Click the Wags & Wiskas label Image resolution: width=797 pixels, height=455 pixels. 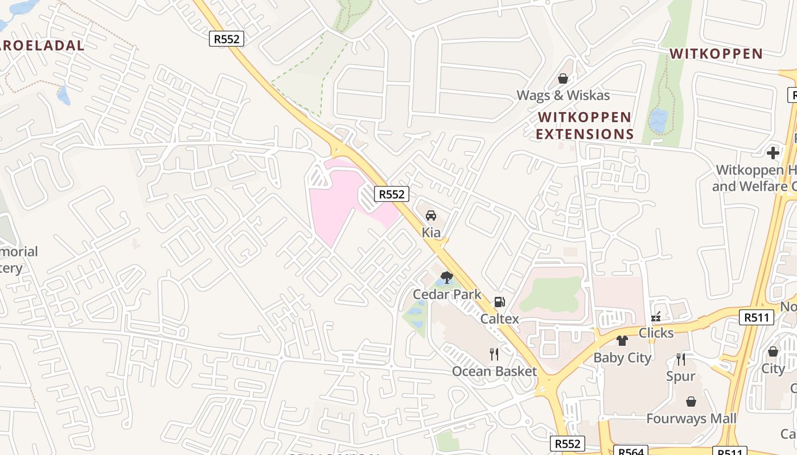(563, 95)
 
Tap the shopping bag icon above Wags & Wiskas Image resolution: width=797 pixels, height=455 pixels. (563, 78)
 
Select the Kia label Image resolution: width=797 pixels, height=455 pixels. (431, 232)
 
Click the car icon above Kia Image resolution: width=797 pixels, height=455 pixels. (431, 216)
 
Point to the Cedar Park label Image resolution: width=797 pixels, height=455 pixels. (447, 294)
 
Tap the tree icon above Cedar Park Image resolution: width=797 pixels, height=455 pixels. (447, 278)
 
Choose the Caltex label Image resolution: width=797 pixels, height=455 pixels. (500, 318)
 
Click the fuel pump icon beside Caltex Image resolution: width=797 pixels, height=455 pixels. (500, 302)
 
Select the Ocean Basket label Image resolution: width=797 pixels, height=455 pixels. (494, 371)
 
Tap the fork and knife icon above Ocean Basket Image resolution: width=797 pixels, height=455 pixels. (494, 354)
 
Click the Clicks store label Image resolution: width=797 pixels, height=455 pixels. (656, 333)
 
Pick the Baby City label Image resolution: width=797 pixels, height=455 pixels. (622, 358)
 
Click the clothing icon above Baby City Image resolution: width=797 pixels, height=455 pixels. (622, 341)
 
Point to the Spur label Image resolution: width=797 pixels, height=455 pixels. (681, 376)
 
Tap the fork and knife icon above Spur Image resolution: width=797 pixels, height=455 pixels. (681, 359)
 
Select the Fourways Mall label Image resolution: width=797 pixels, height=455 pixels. (691, 419)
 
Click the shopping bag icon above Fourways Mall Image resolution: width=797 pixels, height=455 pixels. (691, 402)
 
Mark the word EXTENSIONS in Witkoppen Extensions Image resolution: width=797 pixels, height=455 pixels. (585, 134)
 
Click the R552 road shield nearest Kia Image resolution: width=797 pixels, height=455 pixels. (392, 194)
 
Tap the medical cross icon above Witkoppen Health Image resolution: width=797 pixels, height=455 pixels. (773, 153)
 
